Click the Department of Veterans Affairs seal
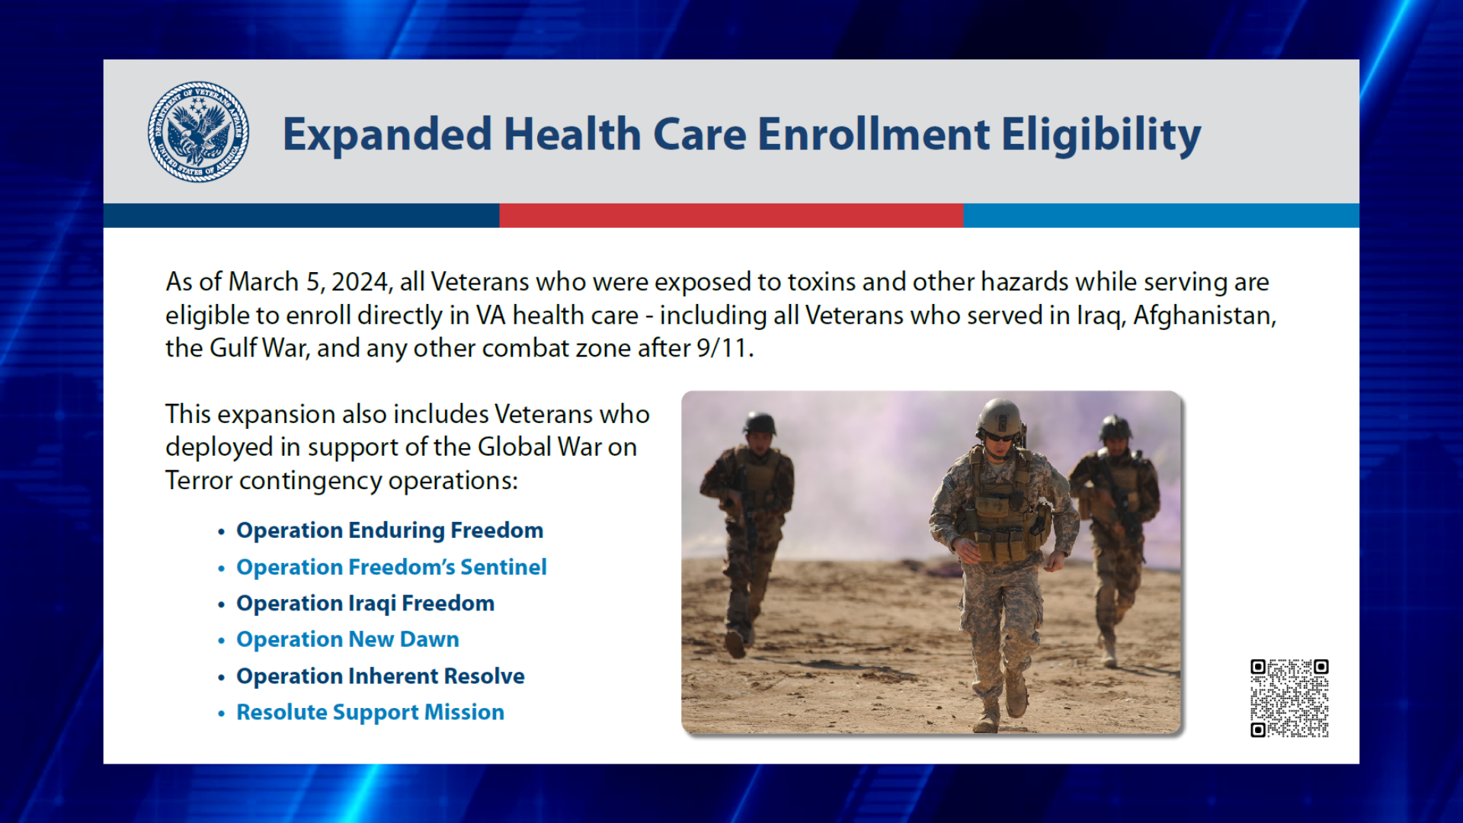[x=198, y=132]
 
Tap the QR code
[x=1289, y=698]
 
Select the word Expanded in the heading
[x=387, y=135]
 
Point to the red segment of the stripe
[x=731, y=216]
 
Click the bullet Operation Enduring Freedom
[x=389, y=530]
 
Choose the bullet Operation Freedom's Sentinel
[x=391, y=567]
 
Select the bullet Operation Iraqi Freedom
[x=365, y=604]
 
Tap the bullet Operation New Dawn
[x=347, y=639]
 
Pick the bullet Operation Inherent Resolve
[x=380, y=676]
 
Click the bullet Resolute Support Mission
[x=370, y=713]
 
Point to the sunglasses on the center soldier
[x=997, y=437]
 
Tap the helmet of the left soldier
[x=760, y=423]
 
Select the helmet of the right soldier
[x=1115, y=428]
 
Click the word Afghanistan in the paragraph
[x=1204, y=315]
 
